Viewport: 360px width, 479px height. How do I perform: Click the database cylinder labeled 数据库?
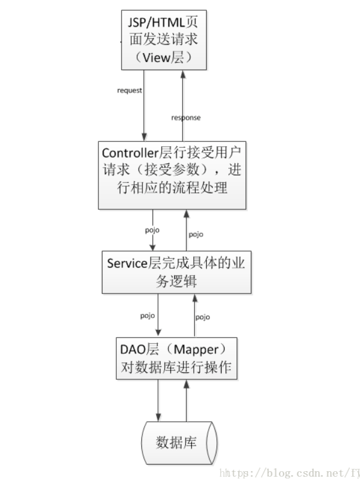[178, 443]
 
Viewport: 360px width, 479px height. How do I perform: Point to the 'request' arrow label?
[129, 91]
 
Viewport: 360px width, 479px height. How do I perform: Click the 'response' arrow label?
[186, 118]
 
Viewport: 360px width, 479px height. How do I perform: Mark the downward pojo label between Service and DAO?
[148, 314]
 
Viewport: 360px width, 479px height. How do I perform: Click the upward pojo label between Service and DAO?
[203, 317]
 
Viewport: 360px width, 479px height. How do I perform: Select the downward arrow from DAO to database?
[159, 400]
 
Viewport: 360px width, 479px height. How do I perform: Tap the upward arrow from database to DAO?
[187, 400]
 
